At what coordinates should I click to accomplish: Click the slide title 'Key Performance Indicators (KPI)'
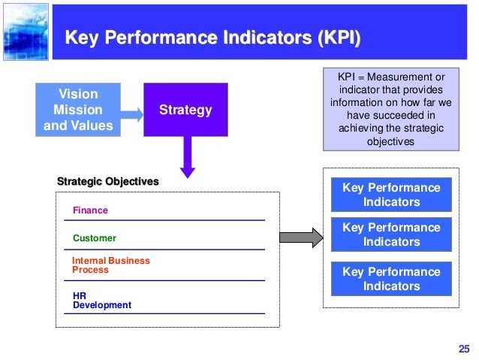coord(212,38)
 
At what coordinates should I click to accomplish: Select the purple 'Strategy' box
coord(185,110)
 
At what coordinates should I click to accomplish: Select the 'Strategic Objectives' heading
coord(108,181)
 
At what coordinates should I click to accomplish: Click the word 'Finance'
coord(90,211)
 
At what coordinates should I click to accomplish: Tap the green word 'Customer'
coord(94,238)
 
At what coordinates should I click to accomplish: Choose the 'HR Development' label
coord(101,301)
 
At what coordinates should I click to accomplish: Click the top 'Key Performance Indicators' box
coord(391,195)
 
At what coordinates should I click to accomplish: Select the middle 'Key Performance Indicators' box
coord(391,234)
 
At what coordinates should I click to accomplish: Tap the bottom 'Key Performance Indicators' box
coord(391,278)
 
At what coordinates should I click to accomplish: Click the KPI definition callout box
coord(387,110)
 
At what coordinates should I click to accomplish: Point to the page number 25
coord(462,347)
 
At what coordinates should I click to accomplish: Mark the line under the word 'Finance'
coord(164,220)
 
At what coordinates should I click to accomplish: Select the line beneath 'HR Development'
coord(164,313)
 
